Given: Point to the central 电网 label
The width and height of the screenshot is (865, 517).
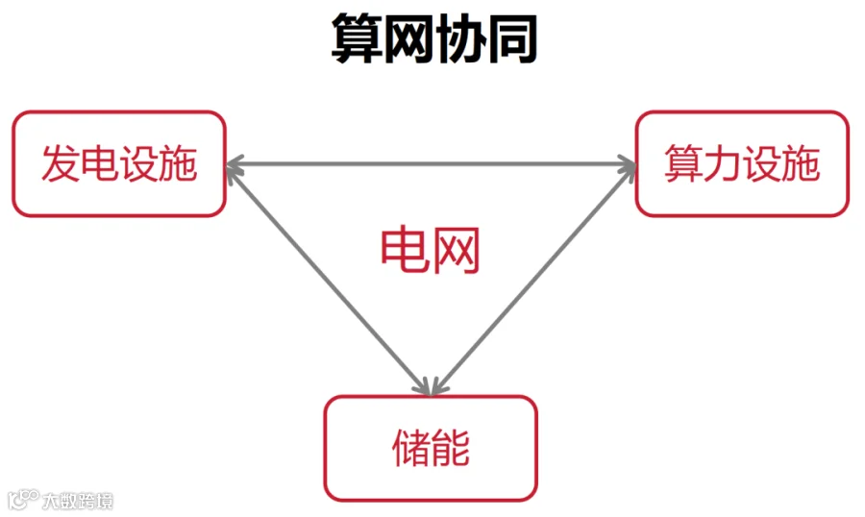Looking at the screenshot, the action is (430, 251).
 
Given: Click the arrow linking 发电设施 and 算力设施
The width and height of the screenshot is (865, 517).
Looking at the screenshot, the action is (431, 164).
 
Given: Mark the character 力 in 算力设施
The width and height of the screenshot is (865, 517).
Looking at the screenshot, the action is (722, 164).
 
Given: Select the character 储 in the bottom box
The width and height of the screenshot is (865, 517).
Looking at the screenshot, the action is (411, 448).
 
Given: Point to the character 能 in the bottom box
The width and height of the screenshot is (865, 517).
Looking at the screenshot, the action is (451, 448).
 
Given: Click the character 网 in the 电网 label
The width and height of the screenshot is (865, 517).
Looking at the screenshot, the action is (456, 251).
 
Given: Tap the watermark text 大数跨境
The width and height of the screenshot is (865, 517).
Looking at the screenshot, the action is (77, 501).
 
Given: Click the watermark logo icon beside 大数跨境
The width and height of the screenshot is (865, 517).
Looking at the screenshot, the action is (23, 500).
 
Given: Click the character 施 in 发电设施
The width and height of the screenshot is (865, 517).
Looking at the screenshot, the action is (178, 164).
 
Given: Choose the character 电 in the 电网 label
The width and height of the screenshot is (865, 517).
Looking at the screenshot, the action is (405, 251).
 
